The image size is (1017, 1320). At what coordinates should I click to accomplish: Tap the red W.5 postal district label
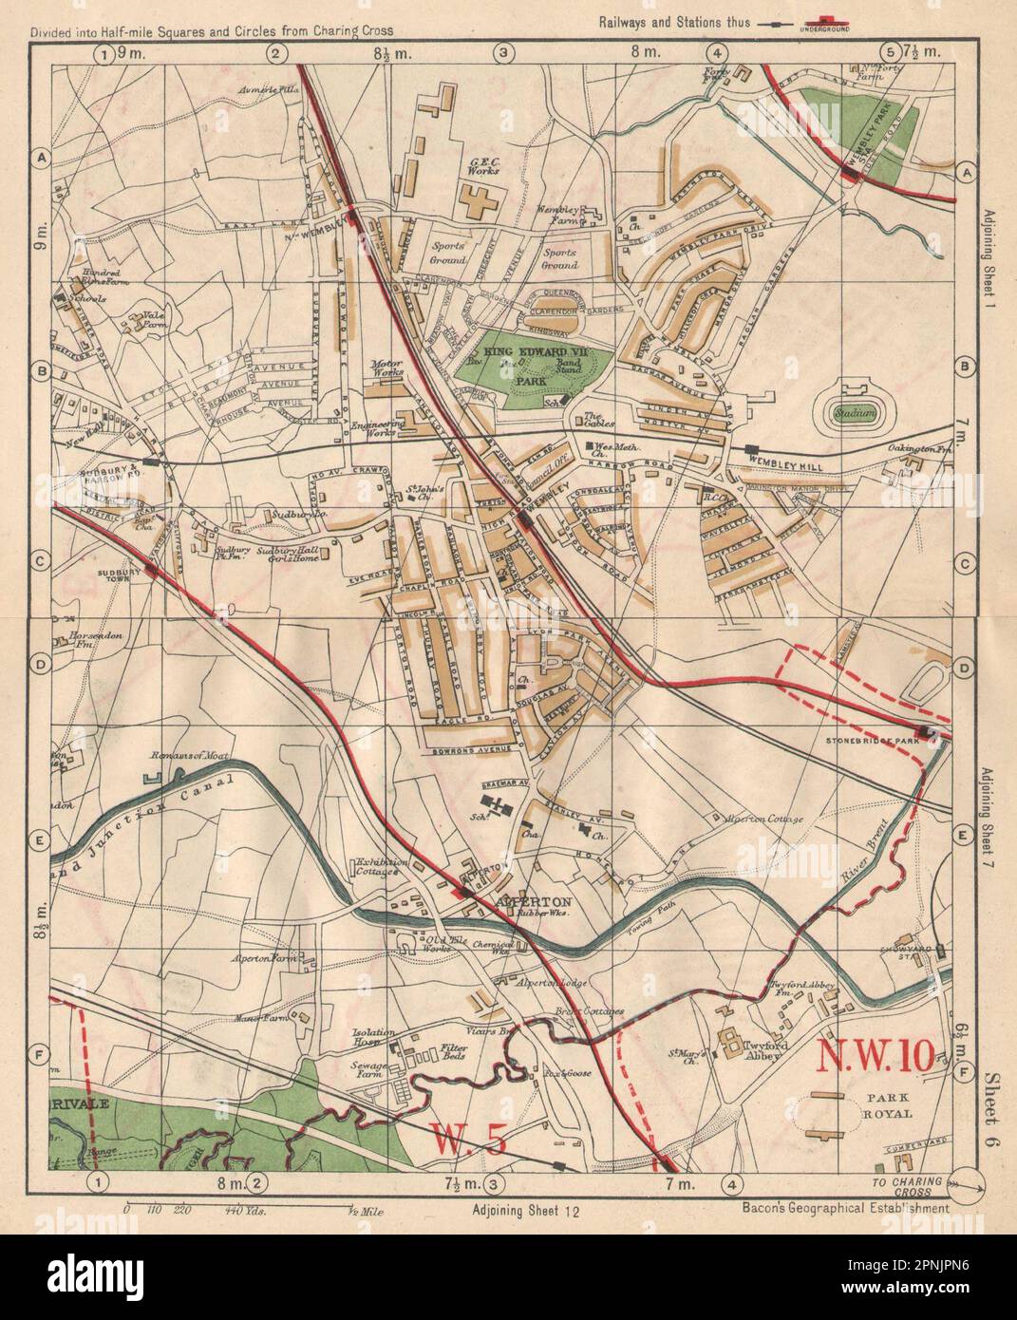(463, 1139)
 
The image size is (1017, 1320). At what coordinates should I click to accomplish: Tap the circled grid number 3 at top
(503, 54)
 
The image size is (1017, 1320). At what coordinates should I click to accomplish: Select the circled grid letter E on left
(41, 837)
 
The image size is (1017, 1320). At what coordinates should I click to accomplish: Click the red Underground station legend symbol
(824, 21)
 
